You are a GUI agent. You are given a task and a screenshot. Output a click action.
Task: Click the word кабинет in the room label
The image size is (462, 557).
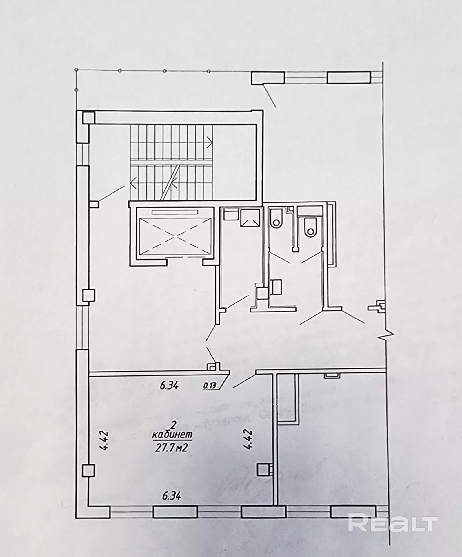click(x=172, y=436)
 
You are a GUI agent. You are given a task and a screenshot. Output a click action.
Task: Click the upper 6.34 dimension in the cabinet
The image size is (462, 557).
click(x=169, y=386)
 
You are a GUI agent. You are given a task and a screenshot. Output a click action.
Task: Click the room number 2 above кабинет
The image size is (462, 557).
click(x=174, y=426)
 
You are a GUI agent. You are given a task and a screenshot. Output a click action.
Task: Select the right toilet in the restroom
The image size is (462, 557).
click(x=310, y=227)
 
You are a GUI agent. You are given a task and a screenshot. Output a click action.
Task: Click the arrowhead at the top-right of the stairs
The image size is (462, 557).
click(x=210, y=142)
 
